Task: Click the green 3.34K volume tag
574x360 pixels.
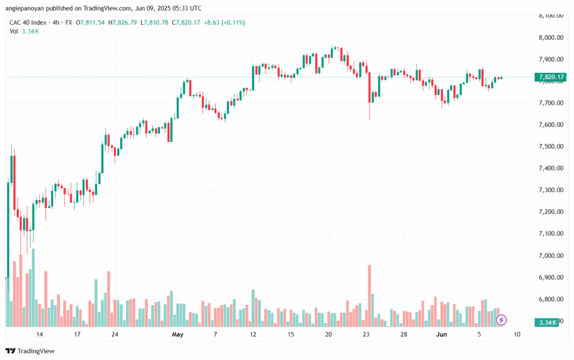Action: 547,322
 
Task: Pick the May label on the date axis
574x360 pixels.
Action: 178,335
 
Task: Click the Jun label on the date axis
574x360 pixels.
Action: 441,335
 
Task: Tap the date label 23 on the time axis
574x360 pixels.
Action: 366,335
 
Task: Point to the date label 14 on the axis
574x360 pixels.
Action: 40,335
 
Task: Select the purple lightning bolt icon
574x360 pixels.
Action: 502,320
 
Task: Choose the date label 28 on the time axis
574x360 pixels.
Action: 404,335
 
